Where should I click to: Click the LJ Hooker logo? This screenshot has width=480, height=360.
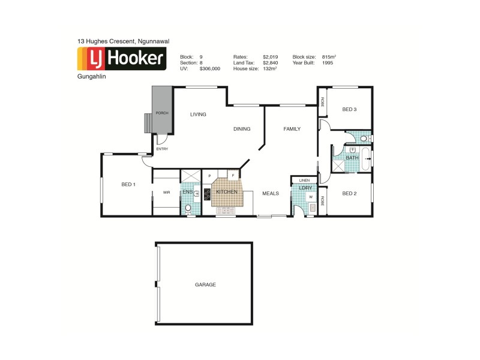pyautogui.click(x=121, y=59)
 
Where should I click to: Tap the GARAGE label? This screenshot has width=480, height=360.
pyautogui.click(x=205, y=284)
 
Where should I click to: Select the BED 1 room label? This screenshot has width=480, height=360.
pyautogui.click(x=128, y=184)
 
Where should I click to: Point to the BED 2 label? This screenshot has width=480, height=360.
pyautogui.click(x=349, y=193)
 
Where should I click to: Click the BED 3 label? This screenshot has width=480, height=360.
pyautogui.click(x=349, y=109)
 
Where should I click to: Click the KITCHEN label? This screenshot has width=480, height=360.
pyautogui.click(x=227, y=192)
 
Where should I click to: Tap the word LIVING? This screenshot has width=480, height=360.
pyautogui.click(x=198, y=114)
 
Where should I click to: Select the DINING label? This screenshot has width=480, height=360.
pyautogui.click(x=242, y=129)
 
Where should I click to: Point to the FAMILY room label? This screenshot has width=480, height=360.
pyautogui.click(x=292, y=129)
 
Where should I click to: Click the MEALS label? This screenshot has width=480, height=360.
pyautogui.click(x=271, y=193)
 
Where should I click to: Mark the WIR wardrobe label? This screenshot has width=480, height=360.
pyautogui.click(x=166, y=193)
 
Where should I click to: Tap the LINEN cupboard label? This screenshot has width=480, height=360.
pyautogui.click(x=304, y=179)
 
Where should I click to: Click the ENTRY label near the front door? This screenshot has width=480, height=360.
pyautogui.click(x=162, y=149)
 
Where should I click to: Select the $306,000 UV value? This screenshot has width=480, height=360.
pyautogui.click(x=210, y=69)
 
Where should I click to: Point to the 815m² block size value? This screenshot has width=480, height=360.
pyautogui.click(x=328, y=56)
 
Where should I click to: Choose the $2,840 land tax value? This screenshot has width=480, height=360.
pyautogui.click(x=268, y=62)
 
